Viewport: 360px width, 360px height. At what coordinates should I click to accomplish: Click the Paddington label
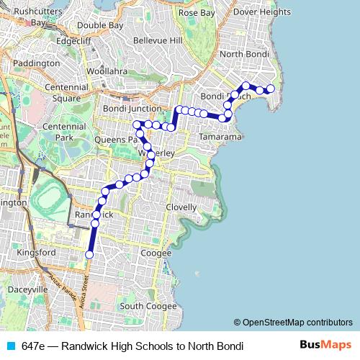coord(37,63)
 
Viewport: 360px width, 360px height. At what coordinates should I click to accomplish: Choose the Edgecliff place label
coord(73,41)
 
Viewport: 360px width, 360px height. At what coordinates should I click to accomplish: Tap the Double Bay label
coord(100,25)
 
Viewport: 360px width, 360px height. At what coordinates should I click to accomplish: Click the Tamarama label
coord(220,136)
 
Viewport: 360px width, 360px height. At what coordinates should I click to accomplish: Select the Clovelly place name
coord(181,207)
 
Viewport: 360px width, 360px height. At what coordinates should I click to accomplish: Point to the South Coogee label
coord(148,306)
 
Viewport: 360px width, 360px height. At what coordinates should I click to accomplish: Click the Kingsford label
coord(36,253)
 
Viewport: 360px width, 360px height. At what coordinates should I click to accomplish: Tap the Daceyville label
coord(27,289)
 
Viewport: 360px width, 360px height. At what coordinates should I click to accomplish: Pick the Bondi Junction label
coord(130,109)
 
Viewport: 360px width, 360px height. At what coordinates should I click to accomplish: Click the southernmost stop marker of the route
coord(90,255)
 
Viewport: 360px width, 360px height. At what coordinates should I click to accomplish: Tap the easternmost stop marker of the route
coord(271,89)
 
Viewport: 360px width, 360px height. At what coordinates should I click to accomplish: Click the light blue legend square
coord(11,346)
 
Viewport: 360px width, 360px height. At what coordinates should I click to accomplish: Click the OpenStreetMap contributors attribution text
coord(293,323)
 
